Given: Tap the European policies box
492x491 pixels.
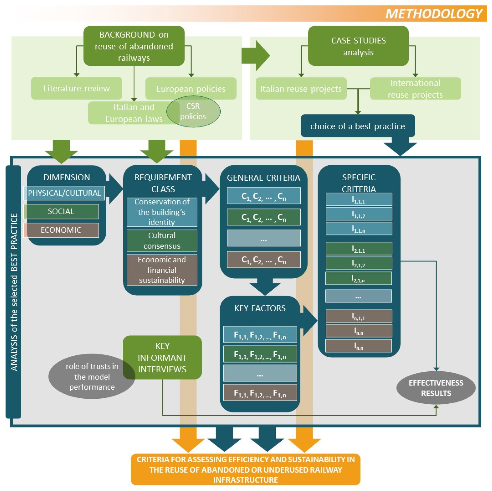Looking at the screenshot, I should pyautogui.click(x=191, y=89).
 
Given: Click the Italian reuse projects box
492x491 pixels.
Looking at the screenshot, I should pyautogui.click(x=301, y=89).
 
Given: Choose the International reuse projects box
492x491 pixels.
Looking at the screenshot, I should pyautogui.click(x=415, y=89).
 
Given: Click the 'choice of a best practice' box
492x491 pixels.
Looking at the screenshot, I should pyautogui.click(x=358, y=126).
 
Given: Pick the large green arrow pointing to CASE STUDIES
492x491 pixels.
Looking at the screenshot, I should pyautogui.click(x=255, y=55).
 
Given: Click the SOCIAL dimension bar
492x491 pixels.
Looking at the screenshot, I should pyautogui.click(x=61, y=211).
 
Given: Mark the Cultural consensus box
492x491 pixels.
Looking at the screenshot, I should pyautogui.click(x=162, y=241).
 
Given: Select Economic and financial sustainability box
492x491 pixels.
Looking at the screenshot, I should pyautogui.click(x=162, y=270).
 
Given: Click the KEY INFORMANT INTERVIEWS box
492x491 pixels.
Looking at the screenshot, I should pyautogui.click(x=162, y=358).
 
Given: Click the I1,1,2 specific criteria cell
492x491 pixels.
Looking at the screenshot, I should pyautogui.click(x=359, y=214).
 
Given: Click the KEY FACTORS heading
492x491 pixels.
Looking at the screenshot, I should pyautogui.click(x=260, y=308).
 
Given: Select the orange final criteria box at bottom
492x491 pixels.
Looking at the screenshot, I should pyautogui.click(x=245, y=469).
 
